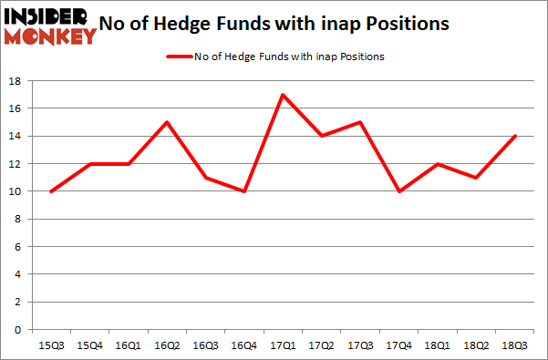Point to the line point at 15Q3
point(52,191)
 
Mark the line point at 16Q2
point(168,122)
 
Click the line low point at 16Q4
point(245,191)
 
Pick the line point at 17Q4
point(400,191)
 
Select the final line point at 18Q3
point(516,136)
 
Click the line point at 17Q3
point(361,122)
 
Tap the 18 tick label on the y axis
point(16,81)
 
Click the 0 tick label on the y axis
point(19,330)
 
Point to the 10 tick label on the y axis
point(16,191)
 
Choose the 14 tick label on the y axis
point(16,136)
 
